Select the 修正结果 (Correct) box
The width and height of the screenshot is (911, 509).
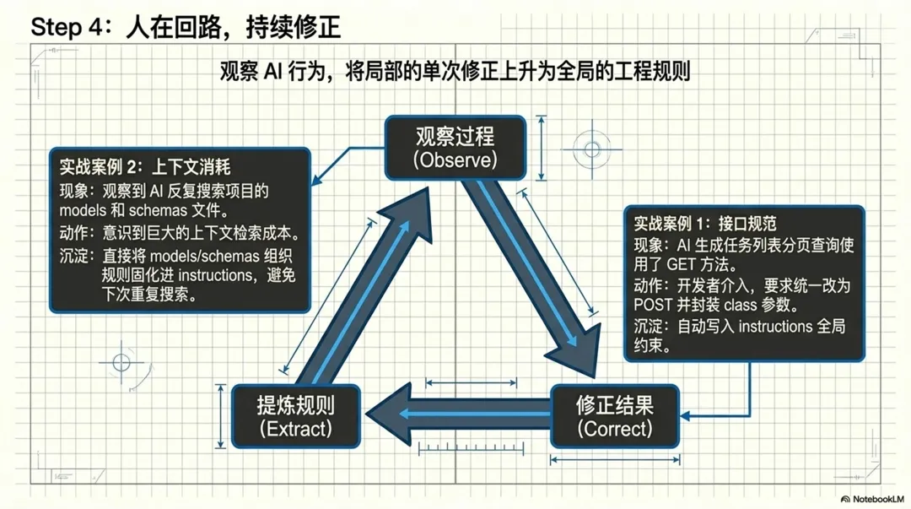point(615,415)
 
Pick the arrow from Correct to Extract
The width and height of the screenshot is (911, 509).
point(460,413)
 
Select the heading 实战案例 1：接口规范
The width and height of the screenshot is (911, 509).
point(704,224)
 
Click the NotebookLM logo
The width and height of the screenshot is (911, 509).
point(871,499)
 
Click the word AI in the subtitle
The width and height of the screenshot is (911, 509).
point(272,71)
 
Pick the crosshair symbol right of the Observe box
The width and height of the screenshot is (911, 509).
point(592,150)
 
